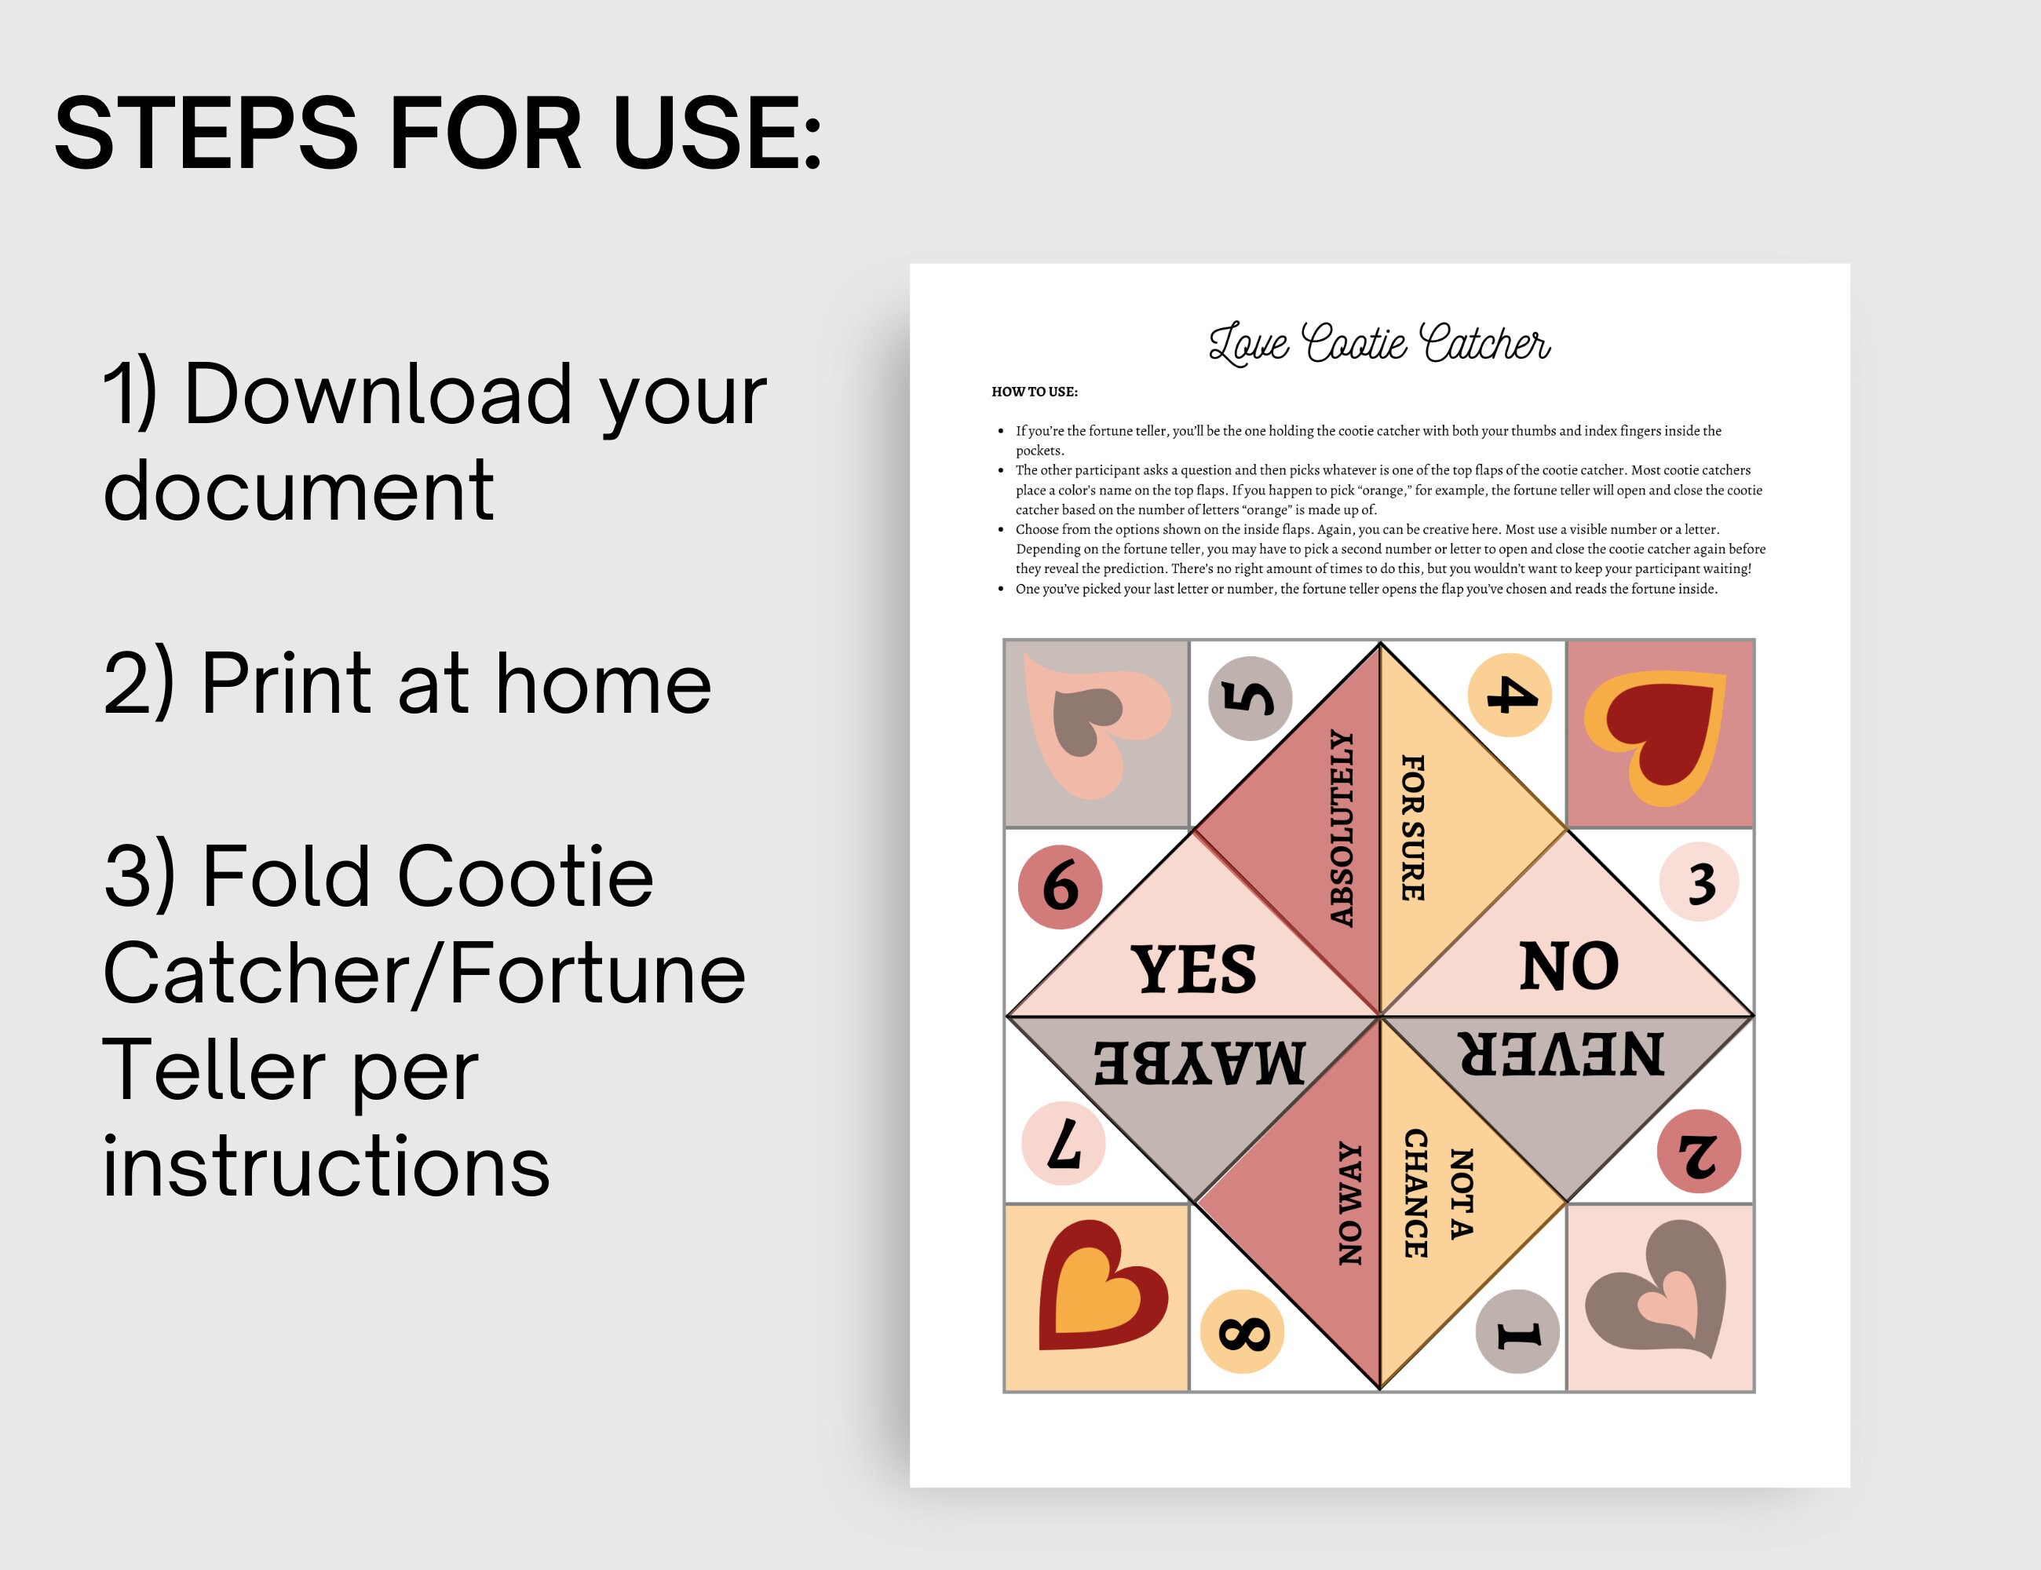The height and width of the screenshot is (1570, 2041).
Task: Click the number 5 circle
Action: (1250, 698)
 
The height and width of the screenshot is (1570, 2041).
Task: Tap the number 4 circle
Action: (1510, 696)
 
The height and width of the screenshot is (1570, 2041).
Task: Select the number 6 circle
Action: (1060, 887)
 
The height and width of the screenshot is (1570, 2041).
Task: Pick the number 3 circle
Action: (1699, 882)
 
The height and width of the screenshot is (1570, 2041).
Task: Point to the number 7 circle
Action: (1064, 1144)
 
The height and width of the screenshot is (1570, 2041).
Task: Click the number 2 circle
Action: (1699, 1152)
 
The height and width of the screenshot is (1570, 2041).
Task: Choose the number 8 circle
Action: (1242, 1331)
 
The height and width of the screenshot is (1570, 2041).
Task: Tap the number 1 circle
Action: (1517, 1331)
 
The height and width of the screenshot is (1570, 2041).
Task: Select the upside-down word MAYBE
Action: (1200, 1061)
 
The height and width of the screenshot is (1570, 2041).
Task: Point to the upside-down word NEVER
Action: (1561, 1053)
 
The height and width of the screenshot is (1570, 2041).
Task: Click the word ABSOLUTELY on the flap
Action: (1342, 828)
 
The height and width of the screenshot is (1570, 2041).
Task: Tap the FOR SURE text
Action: (1413, 828)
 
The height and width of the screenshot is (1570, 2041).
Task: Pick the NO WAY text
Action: (1350, 1203)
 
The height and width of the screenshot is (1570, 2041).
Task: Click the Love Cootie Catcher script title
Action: (1379, 343)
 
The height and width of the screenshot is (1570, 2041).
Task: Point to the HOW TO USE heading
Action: (1035, 392)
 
